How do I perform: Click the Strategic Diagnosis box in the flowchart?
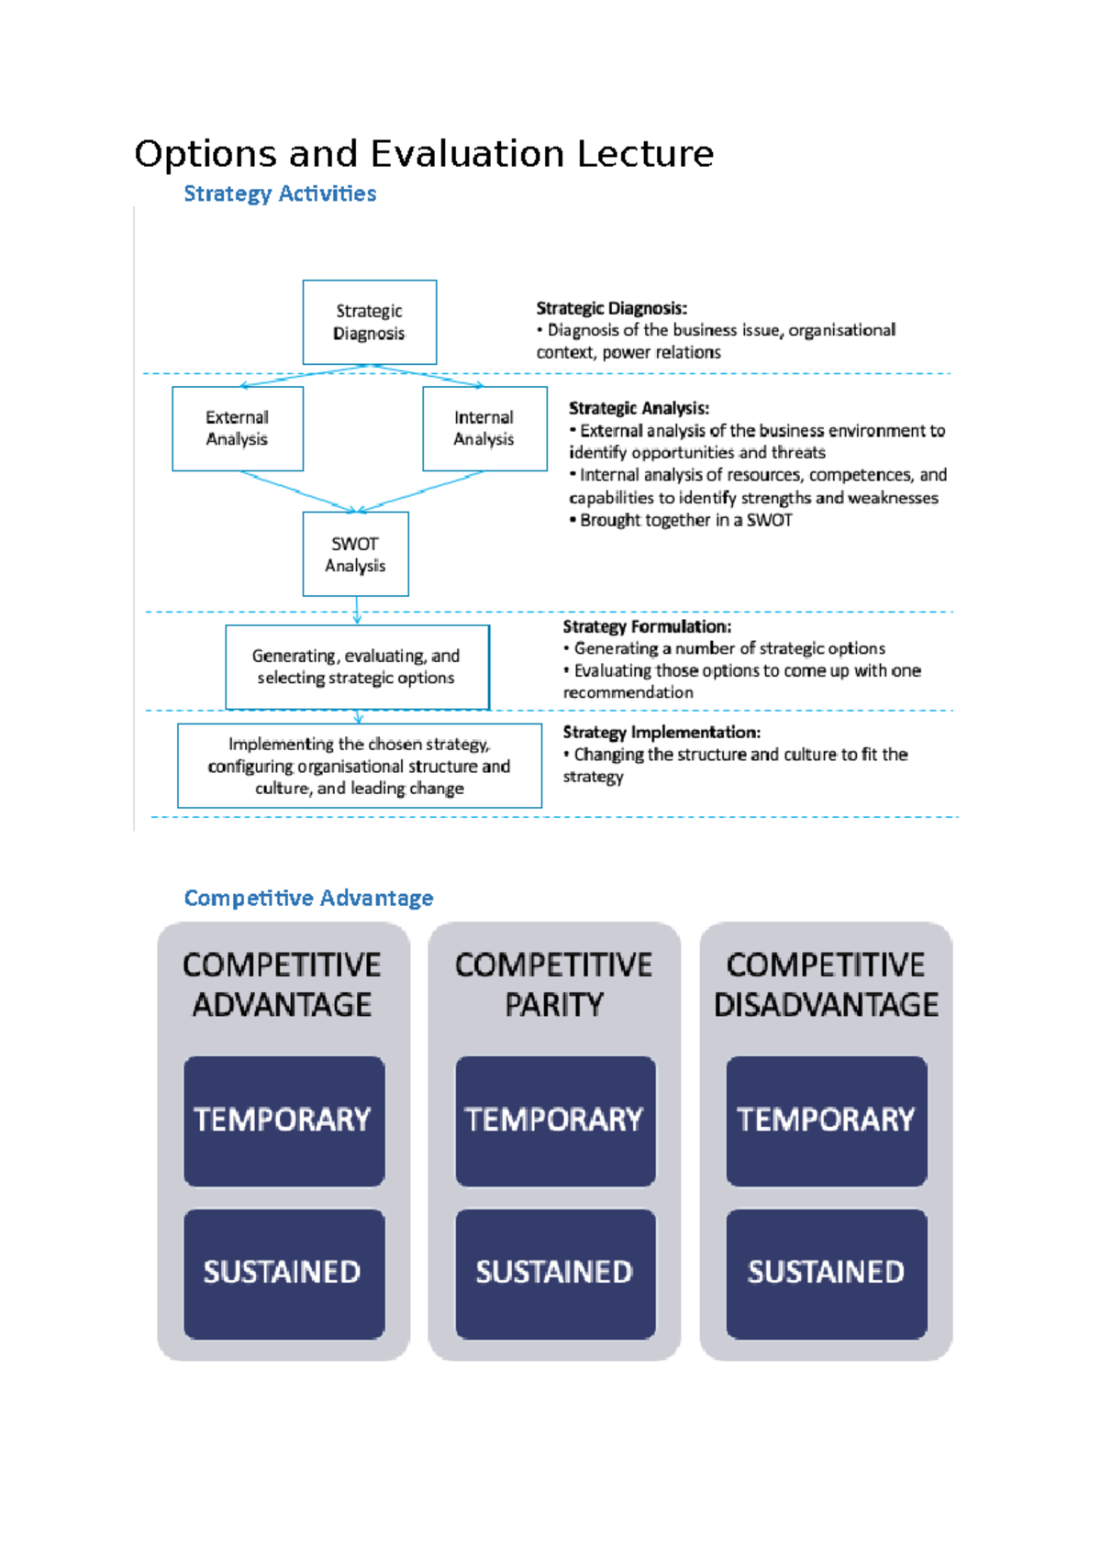click(369, 322)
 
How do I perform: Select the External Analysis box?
click(237, 428)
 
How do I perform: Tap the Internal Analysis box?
click(484, 428)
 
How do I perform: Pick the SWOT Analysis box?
click(355, 554)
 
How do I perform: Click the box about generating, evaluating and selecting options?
click(356, 667)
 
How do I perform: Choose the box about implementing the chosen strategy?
click(359, 766)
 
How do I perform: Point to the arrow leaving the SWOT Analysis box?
click(357, 610)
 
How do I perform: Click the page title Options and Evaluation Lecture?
click(423, 154)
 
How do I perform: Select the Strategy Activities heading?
click(280, 193)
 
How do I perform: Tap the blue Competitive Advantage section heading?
click(308, 898)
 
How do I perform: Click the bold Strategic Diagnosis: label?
click(611, 308)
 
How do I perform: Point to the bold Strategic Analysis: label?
click(639, 408)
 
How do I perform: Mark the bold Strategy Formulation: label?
click(647, 626)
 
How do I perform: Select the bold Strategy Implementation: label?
click(661, 732)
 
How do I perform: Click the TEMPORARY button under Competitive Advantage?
click(284, 1121)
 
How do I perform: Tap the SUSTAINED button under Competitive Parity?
click(555, 1273)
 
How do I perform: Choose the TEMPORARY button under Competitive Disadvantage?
click(826, 1121)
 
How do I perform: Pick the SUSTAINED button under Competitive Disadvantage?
click(826, 1273)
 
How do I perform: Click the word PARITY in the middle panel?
click(554, 1005)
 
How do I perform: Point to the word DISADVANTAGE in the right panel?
click(826, 1005)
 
